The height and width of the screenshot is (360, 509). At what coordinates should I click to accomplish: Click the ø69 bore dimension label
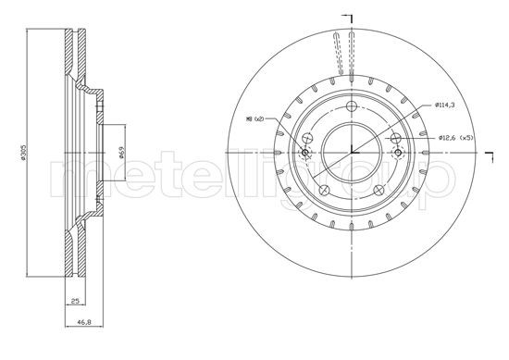[x=123, y=153]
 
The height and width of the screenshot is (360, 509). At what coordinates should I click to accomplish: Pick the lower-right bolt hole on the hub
[x=382, y=190]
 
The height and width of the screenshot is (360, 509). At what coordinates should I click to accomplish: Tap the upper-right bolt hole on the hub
[x=395, y=138]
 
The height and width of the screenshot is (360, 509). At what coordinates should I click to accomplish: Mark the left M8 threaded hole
[x=306, y=152]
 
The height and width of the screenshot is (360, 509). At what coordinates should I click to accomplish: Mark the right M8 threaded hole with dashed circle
[x=397, y=152]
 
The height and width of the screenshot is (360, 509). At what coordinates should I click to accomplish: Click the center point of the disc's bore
[x=353, y=152]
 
